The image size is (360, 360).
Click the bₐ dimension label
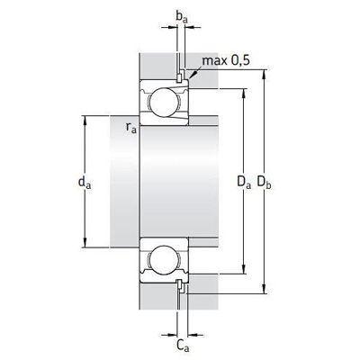(x=182, y=17)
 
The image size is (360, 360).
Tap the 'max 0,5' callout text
(x=226, y=60)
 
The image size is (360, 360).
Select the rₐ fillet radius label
(x=131, y=127)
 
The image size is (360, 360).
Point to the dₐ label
(x=85, y=183)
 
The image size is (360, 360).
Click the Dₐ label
(x=244, y=182)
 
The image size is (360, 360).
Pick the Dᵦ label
(x=264, y=182)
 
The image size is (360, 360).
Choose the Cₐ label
(x=183, y=346)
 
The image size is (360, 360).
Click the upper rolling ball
(x=164, y=103)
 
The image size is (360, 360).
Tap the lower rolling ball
(x=164, y=260)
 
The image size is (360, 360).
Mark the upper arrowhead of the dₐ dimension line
(x=85, y=120)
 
